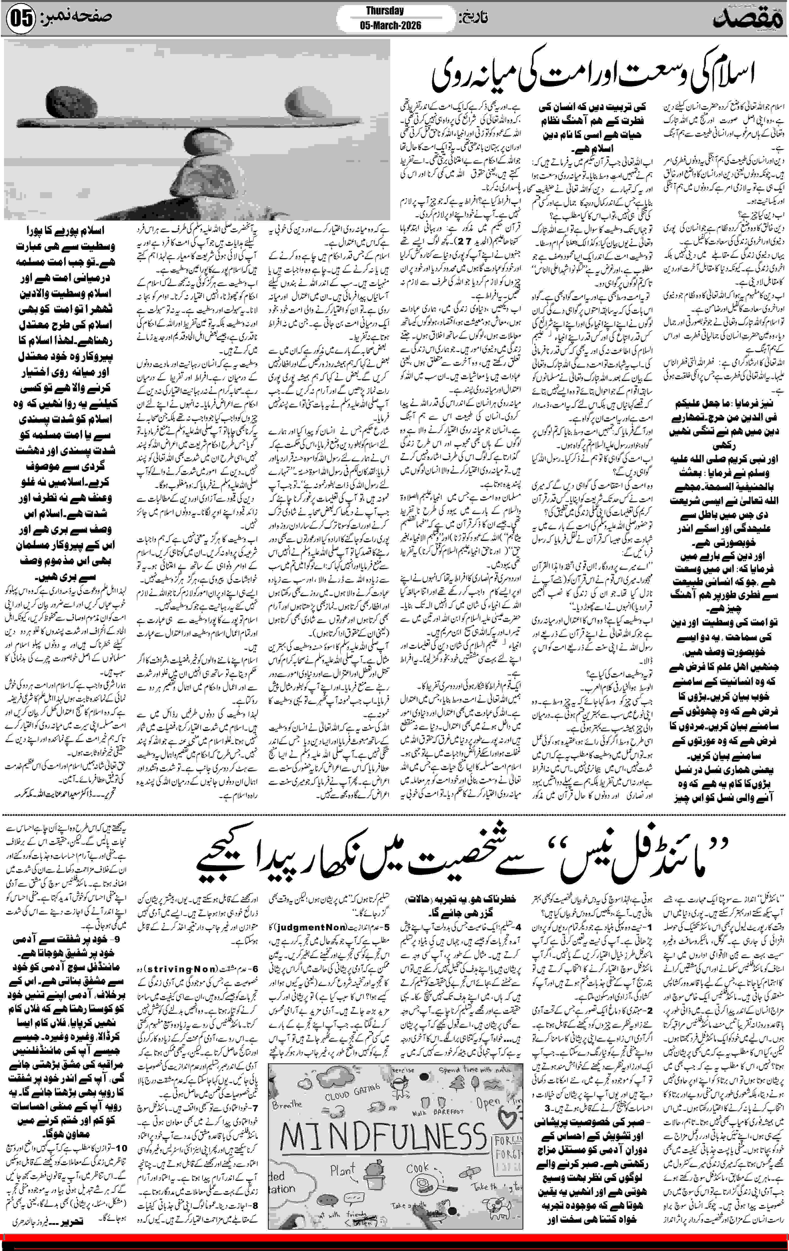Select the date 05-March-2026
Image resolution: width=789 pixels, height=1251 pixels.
click(389, 25)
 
